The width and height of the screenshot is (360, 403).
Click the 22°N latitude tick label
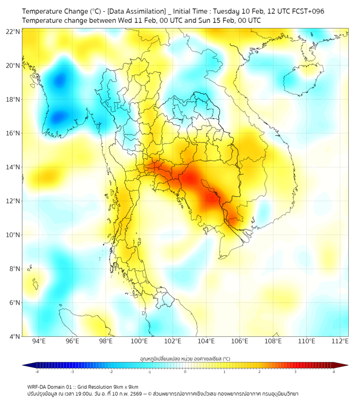point(13,31)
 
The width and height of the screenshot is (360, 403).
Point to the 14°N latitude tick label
point(13,167)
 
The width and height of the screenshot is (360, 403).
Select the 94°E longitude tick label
point(39,342)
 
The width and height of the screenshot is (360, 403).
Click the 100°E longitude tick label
point(140,342)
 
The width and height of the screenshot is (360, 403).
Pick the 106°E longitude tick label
point(240,342)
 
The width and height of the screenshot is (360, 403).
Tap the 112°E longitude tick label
point(340,342)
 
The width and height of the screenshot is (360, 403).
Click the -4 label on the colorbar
point(37,372)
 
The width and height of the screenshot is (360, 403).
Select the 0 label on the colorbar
point(185,372)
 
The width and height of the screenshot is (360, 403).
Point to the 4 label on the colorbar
point(334,372)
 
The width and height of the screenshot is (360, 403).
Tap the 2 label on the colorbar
point(260,372)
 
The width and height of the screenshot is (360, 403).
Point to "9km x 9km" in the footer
point(126,386)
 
